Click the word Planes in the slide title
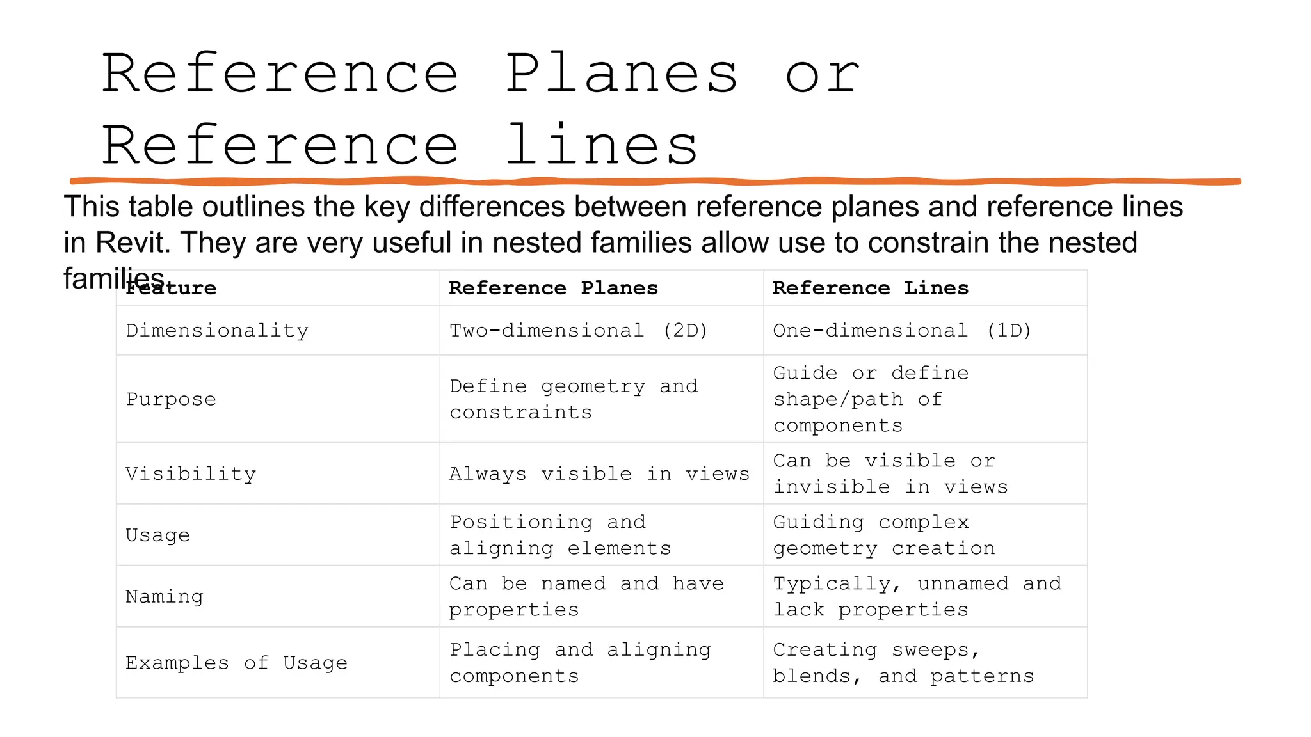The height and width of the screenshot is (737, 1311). [622, 74]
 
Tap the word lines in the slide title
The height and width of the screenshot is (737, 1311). [601, 146]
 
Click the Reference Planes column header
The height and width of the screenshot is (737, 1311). [553, 288]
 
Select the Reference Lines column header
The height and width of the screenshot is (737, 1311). [870, 288]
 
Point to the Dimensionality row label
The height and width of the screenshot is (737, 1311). [217, 331]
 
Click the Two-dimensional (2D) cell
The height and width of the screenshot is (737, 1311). [578, 331]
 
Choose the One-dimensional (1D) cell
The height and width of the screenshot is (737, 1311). [902, 331]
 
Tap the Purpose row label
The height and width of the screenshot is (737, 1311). [171, 399]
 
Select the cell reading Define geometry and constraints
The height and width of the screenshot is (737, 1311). [573, 399]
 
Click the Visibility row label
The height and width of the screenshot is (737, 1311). [191, 474]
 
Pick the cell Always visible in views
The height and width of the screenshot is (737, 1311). [599, 474]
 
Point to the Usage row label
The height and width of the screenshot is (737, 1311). [157, 535]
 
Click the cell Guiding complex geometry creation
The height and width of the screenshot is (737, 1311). [883, 535]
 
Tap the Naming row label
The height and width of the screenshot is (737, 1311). [165, 597]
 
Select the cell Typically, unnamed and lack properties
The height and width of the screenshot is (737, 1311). [917, 597]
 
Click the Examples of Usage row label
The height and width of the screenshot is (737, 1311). [236, 663]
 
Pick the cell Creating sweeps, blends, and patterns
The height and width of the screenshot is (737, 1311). [903, 663]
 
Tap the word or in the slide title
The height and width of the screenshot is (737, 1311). [823, 74]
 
